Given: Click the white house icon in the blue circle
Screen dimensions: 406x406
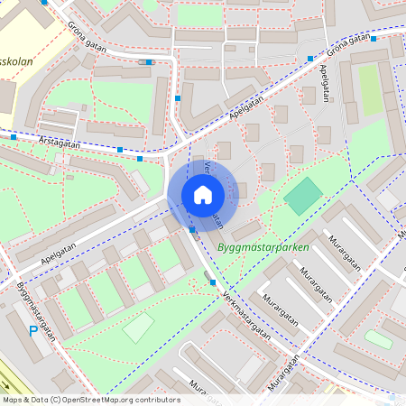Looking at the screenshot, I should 203,194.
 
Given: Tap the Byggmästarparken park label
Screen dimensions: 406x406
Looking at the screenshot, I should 263,246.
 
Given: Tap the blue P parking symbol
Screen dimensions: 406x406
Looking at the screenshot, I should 34,333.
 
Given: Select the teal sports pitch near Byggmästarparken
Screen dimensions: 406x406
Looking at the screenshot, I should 303,196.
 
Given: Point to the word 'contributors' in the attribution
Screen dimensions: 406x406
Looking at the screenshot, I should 158,400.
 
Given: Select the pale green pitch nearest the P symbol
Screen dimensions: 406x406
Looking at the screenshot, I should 139,328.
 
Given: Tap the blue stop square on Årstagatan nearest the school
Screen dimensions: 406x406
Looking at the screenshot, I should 14,137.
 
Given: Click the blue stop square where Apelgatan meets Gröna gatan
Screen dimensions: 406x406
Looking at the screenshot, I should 309,58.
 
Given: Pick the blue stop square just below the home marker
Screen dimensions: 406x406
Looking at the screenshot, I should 192,229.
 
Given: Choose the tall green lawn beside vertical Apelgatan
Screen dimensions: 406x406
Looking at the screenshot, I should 370,89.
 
